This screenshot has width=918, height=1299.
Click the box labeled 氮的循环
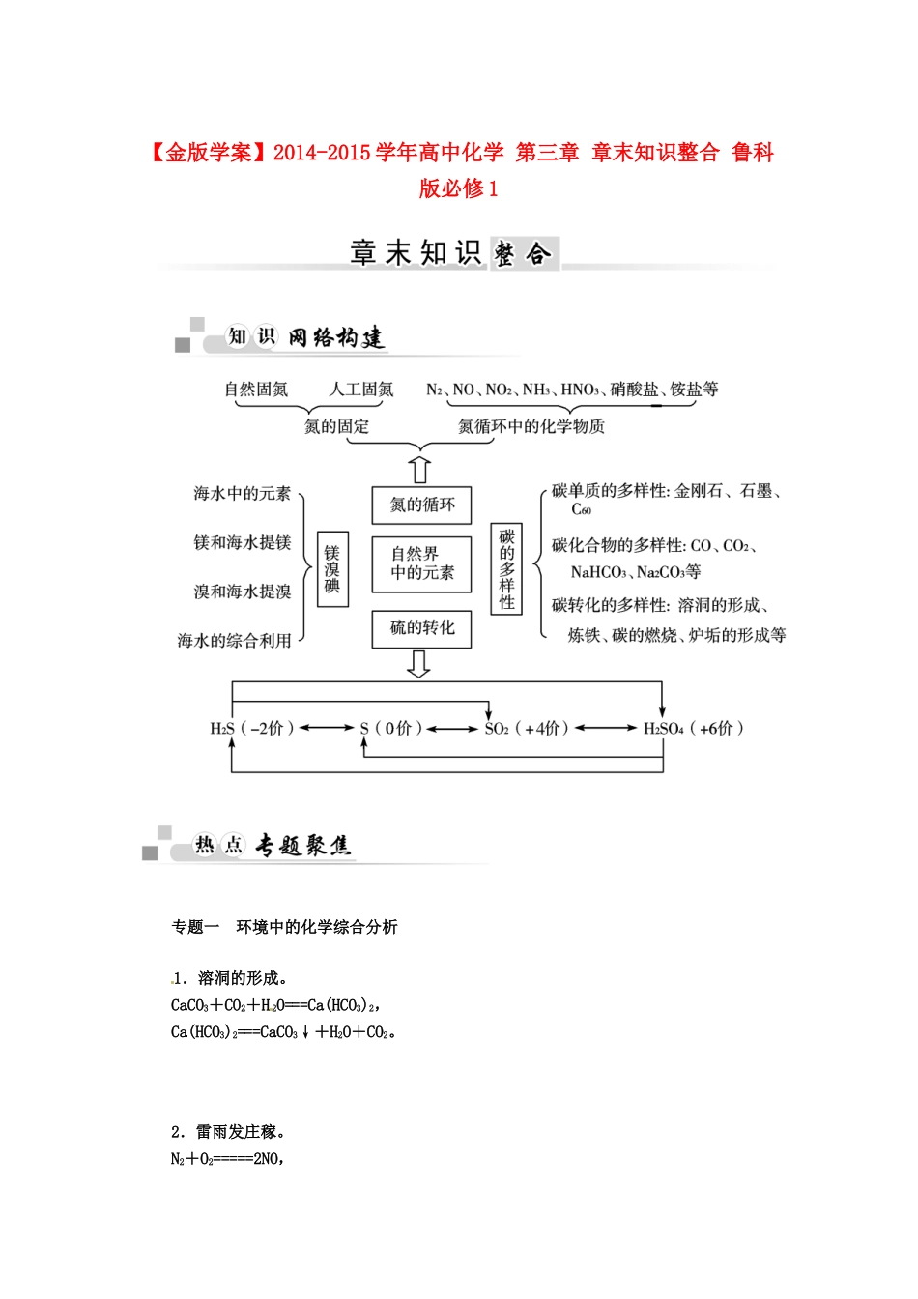[x=422, y=505]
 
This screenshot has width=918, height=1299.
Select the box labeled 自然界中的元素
[x=422, y=563]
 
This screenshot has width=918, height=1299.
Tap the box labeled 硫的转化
[x=422, y=628]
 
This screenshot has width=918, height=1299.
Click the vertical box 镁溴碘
[x=332, y=568]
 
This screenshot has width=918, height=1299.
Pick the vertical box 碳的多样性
[x=506, y=569]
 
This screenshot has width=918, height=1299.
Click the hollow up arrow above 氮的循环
[x=420, y=470]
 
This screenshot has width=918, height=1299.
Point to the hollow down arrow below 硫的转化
[x=419, y=664]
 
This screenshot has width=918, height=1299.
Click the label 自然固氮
[x=256, y=390]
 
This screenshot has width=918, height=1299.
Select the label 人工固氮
[x=361, y=390]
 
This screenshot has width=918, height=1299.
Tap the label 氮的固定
[x=336, y=426]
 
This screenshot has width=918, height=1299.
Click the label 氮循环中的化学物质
[x=531, y=426]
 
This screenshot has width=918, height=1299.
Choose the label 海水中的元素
[x=242, y=494]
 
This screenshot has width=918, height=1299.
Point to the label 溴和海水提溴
[x=242, y=592]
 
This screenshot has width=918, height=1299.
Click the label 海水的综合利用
[x=234, y=641]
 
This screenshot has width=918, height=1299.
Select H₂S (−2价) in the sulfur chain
[x=251, y=729]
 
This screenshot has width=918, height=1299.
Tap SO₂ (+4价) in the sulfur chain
[x=526, y=729]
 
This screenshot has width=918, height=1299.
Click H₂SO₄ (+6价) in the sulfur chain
[x=693, y=729]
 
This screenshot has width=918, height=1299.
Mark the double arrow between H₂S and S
[x=327, y=729]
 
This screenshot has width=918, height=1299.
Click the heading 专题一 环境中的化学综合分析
[x=284, y=927]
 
